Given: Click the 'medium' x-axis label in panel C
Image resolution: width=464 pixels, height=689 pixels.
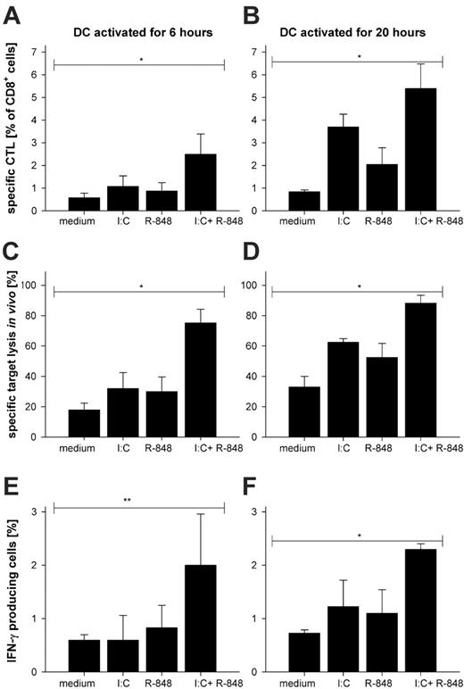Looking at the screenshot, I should tap(70, 447).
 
